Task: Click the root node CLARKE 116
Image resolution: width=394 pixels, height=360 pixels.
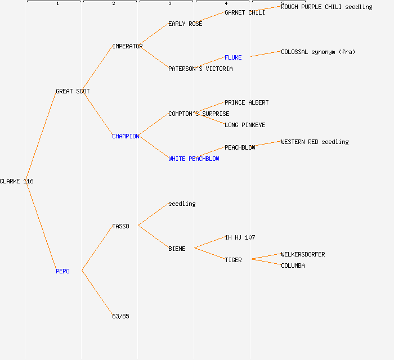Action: click(x=17, y=181)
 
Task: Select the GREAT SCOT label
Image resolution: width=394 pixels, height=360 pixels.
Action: click(x=73, y=91)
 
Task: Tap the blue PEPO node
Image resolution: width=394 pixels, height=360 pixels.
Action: click(x=62, y=271)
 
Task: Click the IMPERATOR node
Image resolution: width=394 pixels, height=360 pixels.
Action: click(x=127, y=46)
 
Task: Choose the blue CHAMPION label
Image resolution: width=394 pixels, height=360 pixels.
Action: click(x=126, y=136)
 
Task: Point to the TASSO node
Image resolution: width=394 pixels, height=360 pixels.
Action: click(x=120, y=226)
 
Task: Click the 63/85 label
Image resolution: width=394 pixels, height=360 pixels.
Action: click(x=120, y=316)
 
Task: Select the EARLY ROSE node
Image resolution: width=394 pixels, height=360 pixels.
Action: click(x=185, y=24)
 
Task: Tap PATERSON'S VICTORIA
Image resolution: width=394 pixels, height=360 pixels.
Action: click(x=200, y=69)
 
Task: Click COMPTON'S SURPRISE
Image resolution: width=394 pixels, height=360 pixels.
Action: click(x=199, y=114)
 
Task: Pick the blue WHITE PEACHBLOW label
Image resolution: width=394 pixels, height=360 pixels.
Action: click(x=194, y=159)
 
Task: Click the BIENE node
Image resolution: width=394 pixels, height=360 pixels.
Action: click(x=177, y=249)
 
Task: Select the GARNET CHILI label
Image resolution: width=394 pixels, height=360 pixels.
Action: click(x=245, y=12)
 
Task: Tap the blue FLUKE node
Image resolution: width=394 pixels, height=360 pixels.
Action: click(x=233, y=57)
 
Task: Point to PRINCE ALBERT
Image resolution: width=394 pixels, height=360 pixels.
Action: click(x=247, y=102)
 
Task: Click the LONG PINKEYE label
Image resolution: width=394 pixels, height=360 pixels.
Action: click(x=245, y=125)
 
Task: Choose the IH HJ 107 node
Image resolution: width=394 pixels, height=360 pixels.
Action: click(x=240, y=237)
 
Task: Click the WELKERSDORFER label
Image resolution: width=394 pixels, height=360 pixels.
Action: click(x=303, y=254)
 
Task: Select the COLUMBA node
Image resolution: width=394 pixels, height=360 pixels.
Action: click(x=293, y=265)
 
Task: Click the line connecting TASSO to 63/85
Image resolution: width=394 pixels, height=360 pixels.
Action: click(x=97, y=293)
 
